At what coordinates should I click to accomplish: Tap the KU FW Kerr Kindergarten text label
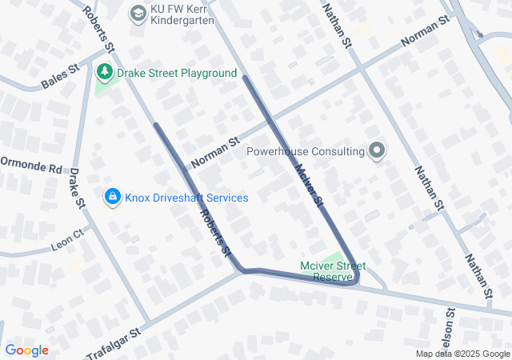[x=182, y=12]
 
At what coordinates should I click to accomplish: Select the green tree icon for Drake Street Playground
[x=104, y=73]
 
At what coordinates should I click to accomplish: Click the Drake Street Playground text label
[x=177, y=73]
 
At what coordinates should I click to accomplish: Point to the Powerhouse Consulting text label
[x=306, y=150]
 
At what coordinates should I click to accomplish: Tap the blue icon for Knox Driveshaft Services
[x=111, y=197]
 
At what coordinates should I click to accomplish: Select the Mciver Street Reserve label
[x=333, y=271]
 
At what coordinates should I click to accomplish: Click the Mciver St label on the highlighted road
[x=308, y=186]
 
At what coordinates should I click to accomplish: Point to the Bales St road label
[x=61, y=76]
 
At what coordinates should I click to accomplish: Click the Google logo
[x=26, y=350]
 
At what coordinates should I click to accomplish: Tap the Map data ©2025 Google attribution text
[x=462, y=354]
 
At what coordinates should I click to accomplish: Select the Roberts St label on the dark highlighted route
[x=215, y=232]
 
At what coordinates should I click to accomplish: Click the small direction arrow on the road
[x=479, y=34]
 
